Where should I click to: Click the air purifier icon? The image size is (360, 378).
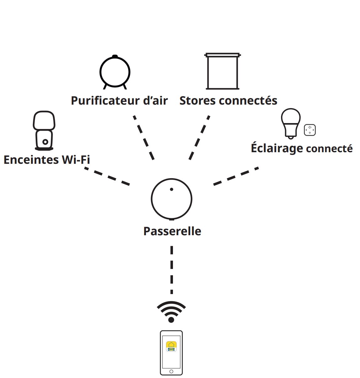click(x=115, y=72)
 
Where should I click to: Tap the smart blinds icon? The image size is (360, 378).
click(x=222, y=71)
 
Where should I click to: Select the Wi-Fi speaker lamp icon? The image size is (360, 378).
click(x=44, y=130)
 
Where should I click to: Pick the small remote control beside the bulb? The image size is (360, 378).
click(x=310, y=130)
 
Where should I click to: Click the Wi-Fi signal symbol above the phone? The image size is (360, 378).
click(x=171, y=312)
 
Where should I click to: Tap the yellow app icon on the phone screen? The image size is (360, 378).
click(x=171, y=346)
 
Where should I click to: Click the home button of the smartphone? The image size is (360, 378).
click(x=171, y=371)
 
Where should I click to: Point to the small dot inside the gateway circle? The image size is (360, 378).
click(x=171, y=189)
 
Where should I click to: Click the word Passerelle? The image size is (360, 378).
click(x=172, y=231)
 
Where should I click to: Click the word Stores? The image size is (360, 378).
click(x=197, y=101)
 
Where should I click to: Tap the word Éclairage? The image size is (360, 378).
click(x=277, y=148)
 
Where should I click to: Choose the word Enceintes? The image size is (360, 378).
click(x=31, y=160)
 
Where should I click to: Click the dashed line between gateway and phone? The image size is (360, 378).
click(x=172, y=270)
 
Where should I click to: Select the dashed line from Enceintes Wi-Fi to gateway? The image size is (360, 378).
click(x=107, y=177)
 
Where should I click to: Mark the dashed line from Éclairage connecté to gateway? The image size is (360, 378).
click(x=236, y=177)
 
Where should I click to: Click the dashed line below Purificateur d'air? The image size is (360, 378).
click(x=144, y=138)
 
